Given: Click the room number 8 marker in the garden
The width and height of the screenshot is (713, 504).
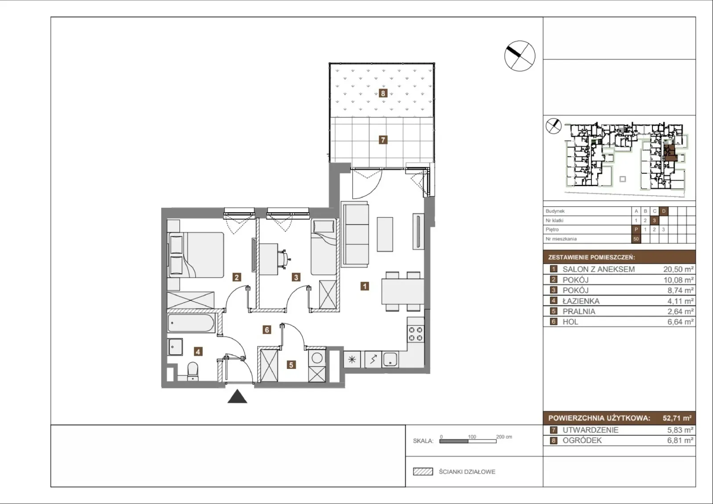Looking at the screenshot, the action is pos(383,93).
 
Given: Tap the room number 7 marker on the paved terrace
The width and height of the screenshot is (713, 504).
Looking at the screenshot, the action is pos(383,140).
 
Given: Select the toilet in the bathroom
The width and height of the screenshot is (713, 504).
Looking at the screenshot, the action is pos(193,371).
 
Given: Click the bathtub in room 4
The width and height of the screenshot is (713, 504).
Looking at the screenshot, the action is pos(191,323).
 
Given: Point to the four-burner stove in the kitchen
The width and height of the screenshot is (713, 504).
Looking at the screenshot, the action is pos(416,334).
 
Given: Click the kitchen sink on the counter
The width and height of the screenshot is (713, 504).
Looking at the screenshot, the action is pos(390,360).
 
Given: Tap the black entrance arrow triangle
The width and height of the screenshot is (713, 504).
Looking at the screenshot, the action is pos(237,396).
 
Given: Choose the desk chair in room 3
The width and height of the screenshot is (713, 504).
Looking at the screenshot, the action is pos(283,258).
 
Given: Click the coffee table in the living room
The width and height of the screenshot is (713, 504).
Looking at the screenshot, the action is pos(385,234).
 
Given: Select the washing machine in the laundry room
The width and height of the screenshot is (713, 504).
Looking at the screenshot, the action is pos(317,358).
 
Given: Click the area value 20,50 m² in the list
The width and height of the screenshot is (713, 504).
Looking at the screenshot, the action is pos(678,269).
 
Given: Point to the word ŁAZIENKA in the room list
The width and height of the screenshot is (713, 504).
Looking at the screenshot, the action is pos(581,301).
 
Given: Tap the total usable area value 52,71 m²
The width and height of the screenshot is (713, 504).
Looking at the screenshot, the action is pos(677,418).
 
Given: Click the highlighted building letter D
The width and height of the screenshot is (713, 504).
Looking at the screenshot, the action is pos(664,211).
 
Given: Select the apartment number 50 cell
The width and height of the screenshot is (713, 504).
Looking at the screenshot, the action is pos(636,239).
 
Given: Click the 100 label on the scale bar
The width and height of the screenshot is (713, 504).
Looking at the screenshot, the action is pos(472,437).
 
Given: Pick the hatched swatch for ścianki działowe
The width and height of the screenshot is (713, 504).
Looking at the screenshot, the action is pos(423,471).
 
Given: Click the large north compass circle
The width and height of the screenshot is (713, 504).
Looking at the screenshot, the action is pos(520,56).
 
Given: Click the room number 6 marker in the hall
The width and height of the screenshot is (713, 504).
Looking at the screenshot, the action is pos(267,330).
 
